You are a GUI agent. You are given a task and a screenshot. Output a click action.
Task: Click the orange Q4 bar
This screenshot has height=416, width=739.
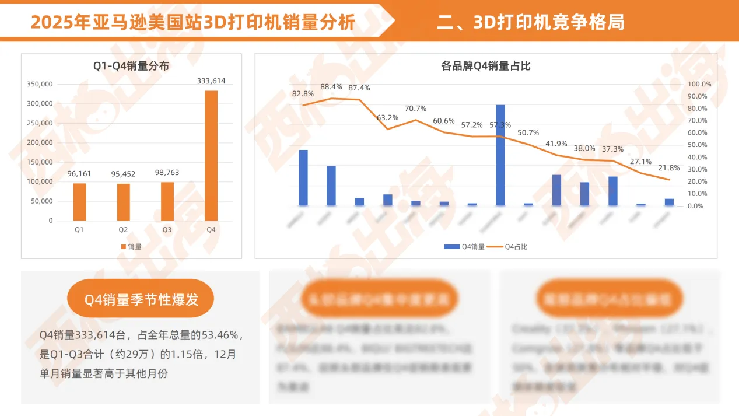[x=211, y=155]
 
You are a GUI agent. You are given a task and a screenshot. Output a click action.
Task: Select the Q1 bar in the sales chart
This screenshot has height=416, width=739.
[x=79, y=202]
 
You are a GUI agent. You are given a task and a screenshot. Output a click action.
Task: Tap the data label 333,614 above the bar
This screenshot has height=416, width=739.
[x=211, y=81]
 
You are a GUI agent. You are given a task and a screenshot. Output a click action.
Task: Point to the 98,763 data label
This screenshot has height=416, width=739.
[x=167, y=173]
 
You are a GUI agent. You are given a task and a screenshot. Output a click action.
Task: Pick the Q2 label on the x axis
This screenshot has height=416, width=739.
[x=123, y=230]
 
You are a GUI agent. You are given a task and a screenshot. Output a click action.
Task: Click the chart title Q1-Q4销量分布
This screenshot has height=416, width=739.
[x=131, y=66]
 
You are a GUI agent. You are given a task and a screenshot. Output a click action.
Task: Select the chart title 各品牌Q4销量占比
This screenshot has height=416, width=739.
[x=486, y=66]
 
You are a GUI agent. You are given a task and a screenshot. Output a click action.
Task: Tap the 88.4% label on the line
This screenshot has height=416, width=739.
[x=331, y=87]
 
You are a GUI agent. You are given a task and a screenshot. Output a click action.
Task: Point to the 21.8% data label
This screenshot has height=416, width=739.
[x=668, y=168]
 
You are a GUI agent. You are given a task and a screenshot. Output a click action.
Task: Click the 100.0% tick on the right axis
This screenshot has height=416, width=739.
[x=699, y=84]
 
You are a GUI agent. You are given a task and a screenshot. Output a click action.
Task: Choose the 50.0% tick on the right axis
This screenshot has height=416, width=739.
[x=699, y=145]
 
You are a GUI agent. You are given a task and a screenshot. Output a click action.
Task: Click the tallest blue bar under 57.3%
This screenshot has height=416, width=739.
[x=500, y=155]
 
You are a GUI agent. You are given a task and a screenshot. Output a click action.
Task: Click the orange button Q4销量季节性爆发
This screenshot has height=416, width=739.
[x=141, y=300]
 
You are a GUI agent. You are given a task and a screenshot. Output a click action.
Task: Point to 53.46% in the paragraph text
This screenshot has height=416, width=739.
[x=219, y=335]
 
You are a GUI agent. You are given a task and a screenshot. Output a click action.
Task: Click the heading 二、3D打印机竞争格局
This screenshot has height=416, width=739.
[x=530, y=22]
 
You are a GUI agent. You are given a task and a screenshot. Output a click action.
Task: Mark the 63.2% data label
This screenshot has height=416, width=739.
[x=387, y=118]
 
